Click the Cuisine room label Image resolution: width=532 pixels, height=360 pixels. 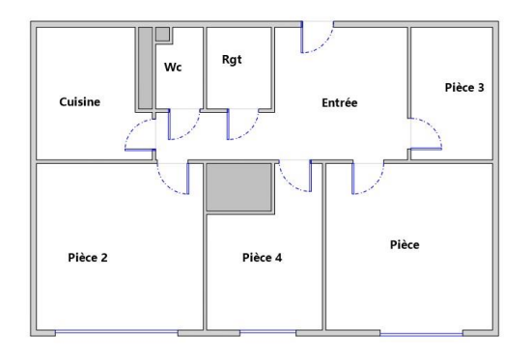[x=80, y=101]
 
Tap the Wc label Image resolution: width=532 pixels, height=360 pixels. [x=173, y=67]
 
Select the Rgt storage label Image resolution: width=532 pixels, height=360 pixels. [x=232, y=60]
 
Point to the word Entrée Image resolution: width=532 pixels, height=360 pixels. [x=339, y=102]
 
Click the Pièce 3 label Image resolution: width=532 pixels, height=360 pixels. [x=464, y=87]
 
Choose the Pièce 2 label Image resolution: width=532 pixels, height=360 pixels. [x=88, y=258]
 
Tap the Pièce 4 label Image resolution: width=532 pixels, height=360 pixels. [x=262, y=258]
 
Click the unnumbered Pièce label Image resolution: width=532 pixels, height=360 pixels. [x=405, y=244]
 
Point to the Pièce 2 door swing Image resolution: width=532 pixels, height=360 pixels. [x=165, y=185]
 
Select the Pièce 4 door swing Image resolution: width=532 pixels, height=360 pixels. [x=288, y=183]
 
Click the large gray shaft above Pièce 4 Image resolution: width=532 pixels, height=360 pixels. [x=239, y=187]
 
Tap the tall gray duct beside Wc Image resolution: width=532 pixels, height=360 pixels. [x=145, y=68]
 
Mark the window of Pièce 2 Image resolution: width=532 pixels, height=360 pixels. [x=117, y=332]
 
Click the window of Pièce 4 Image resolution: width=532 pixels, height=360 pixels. [x=267, y=332]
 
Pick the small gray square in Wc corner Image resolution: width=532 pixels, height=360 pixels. [x=162, y=35]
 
